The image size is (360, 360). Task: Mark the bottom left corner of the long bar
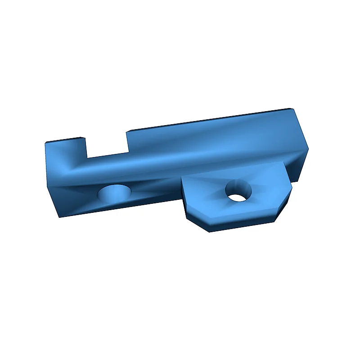[58, 217]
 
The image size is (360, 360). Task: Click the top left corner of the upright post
[45, 143]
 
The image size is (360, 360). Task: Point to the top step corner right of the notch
[126, 131]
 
